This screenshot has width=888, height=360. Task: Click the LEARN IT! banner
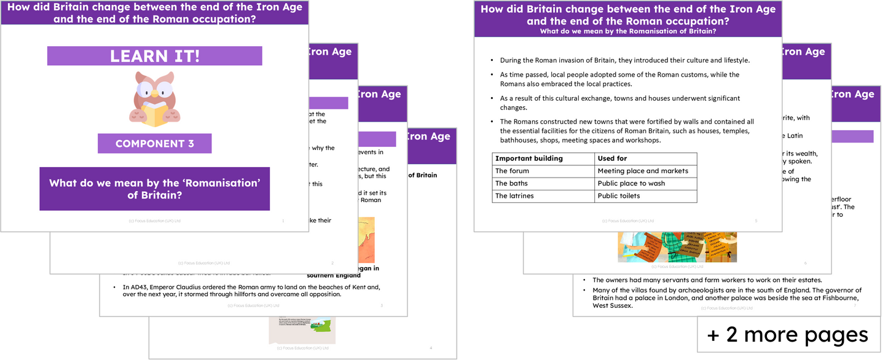point(154,56)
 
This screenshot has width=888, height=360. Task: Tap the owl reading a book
point(154,98)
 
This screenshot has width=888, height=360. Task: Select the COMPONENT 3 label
point(154,144)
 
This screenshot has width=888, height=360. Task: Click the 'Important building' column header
point(529,158)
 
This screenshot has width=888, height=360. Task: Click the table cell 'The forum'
point(512,171)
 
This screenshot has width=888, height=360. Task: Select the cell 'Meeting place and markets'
point(643,171)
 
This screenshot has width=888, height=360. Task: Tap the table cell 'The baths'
point(511,183)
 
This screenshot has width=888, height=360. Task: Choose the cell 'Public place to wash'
point(631,183)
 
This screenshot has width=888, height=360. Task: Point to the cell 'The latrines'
point(516,196)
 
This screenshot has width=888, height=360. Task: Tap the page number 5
point(755,221)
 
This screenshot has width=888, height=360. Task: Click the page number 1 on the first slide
point(283,221)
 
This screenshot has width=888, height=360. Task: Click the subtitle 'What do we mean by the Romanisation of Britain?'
point(627,31)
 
